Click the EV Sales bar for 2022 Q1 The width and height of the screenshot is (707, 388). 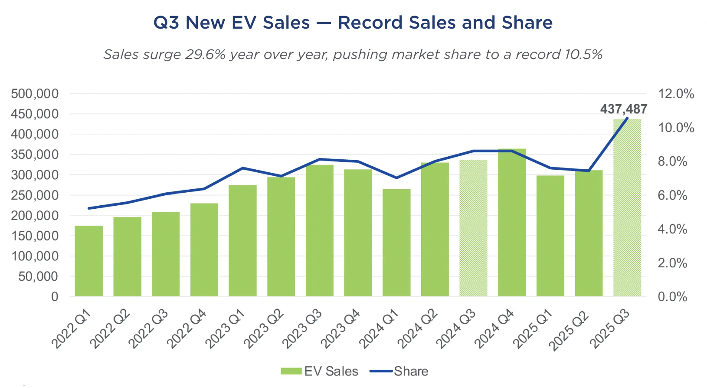point(89,261)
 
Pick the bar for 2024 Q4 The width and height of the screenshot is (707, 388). point(512,222)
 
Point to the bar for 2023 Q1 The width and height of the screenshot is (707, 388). point(242,240)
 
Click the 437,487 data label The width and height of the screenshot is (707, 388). point(623,109)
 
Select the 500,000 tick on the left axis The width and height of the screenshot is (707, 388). point(35,94)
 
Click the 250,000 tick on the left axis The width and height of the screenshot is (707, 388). point(35,195)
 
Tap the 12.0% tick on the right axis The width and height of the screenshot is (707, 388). point(676,94)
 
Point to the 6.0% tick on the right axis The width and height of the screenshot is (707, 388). point(672,195)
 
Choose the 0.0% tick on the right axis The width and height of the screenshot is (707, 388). point(672,297)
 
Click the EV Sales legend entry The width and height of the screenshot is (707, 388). point(320,372)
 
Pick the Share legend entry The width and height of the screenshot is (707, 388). point(399,372)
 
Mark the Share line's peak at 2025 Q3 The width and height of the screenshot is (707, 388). point(627,118)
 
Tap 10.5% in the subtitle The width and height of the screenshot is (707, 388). point(583,55)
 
